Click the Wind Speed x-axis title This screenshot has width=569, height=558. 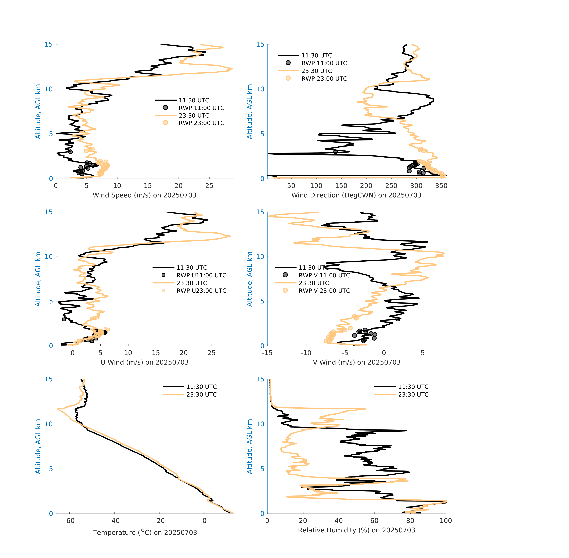point(144,195)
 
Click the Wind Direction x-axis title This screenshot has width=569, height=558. point(356,195)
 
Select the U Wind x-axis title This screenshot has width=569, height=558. point(144,362)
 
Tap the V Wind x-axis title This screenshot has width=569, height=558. point(356,362)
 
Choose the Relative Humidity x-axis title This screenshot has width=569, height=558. point(356,530)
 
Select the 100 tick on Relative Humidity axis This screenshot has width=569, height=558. point(446,521)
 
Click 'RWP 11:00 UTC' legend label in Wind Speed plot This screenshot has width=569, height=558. point(201,108)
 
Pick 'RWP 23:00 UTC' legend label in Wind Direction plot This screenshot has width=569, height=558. point(324,79)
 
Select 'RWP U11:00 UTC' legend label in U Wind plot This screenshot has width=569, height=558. point(201,275)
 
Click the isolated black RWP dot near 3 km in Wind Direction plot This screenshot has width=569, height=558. point(335,152)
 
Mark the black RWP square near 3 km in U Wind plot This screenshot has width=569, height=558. point(64,319)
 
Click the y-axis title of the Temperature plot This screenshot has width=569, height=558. point(38,446)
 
